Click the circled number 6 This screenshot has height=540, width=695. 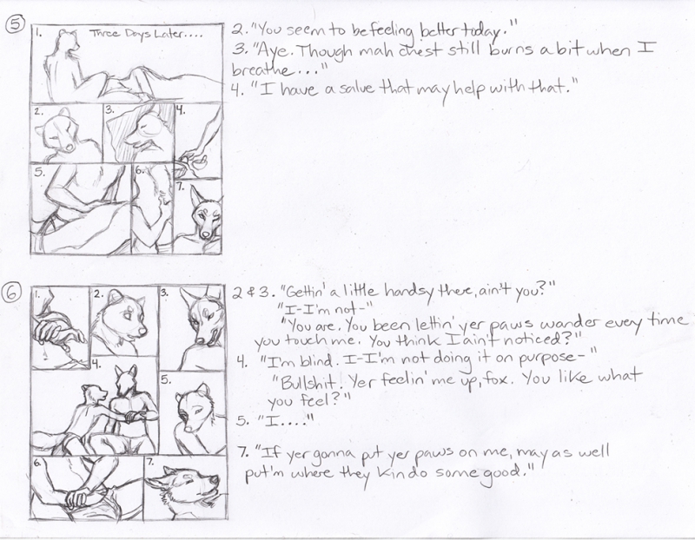coord(12,293)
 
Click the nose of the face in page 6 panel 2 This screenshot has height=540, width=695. coord(142,331)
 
